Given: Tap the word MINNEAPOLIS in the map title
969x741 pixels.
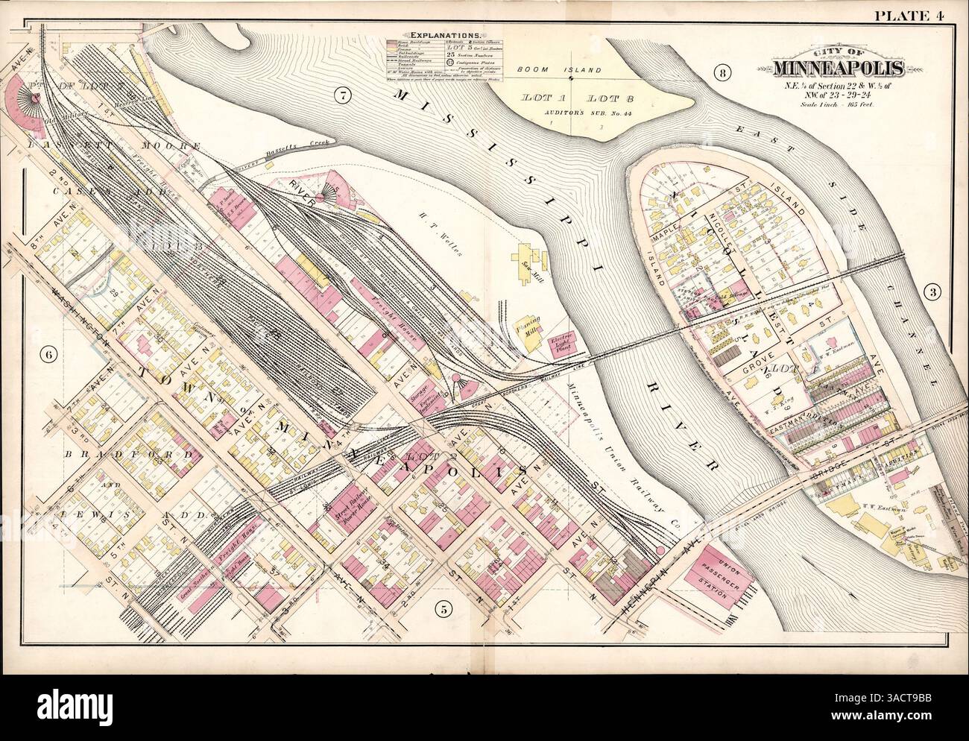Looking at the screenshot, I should [x=839, y=69].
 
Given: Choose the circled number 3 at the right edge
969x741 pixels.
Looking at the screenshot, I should [x=929, y=291].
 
